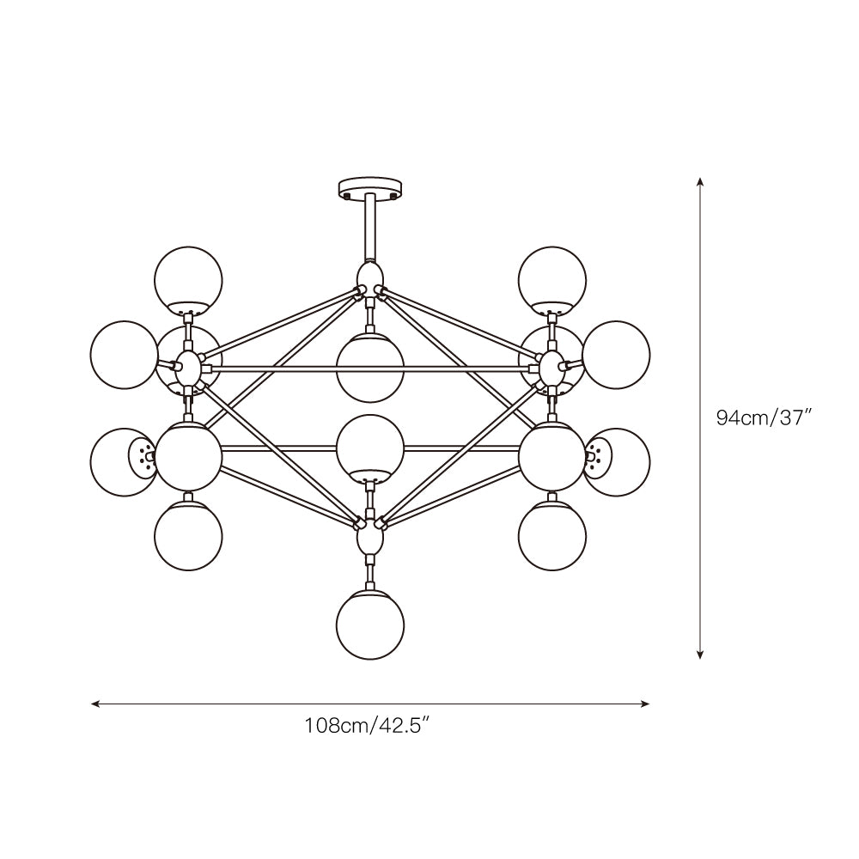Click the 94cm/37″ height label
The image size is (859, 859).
(x=765, y=418)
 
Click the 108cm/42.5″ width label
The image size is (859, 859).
(x=367, y=726)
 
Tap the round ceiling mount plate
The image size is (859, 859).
(x=369, y=186)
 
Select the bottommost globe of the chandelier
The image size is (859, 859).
(x=369, y=625)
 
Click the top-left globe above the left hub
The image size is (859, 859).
(x=188, y=279)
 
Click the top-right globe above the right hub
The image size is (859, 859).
(x=552, y=279)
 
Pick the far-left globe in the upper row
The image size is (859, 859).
(x=124, y=355)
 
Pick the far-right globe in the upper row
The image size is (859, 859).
(x=616, y=355)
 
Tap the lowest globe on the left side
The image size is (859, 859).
(x=188, y=537)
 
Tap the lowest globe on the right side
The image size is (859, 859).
(x=552, y=537)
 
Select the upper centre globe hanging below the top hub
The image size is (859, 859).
(x=369, y=367)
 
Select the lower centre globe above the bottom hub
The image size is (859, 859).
(x=369, y=448)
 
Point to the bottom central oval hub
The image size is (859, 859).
(x=369, y=539)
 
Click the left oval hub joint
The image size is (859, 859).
(x=188, y=369)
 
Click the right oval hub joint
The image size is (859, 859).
(x=551, y=369)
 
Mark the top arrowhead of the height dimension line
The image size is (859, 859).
(x=701, y=182)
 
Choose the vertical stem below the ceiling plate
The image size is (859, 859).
(x=369, y=228)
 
